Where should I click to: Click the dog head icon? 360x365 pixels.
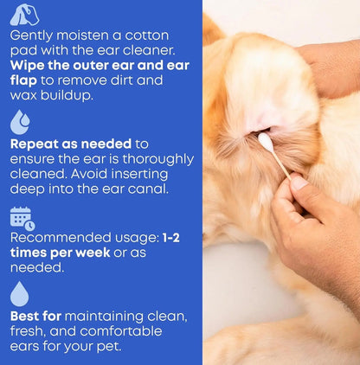point(23,15)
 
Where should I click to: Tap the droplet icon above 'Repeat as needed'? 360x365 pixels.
point(20,122)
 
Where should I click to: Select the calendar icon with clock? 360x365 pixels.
point(22,219)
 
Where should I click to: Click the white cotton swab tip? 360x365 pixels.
point(265,139)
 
